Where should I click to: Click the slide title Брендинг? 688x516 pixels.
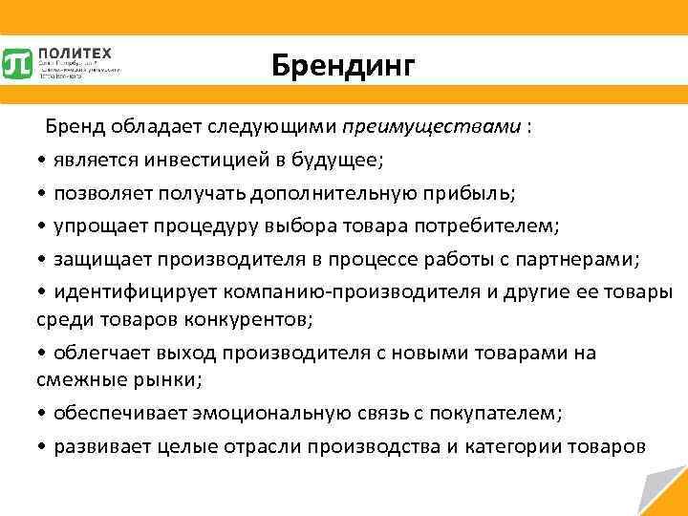(x=343, y=65)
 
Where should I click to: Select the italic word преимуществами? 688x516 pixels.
(x=433, y=126)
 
